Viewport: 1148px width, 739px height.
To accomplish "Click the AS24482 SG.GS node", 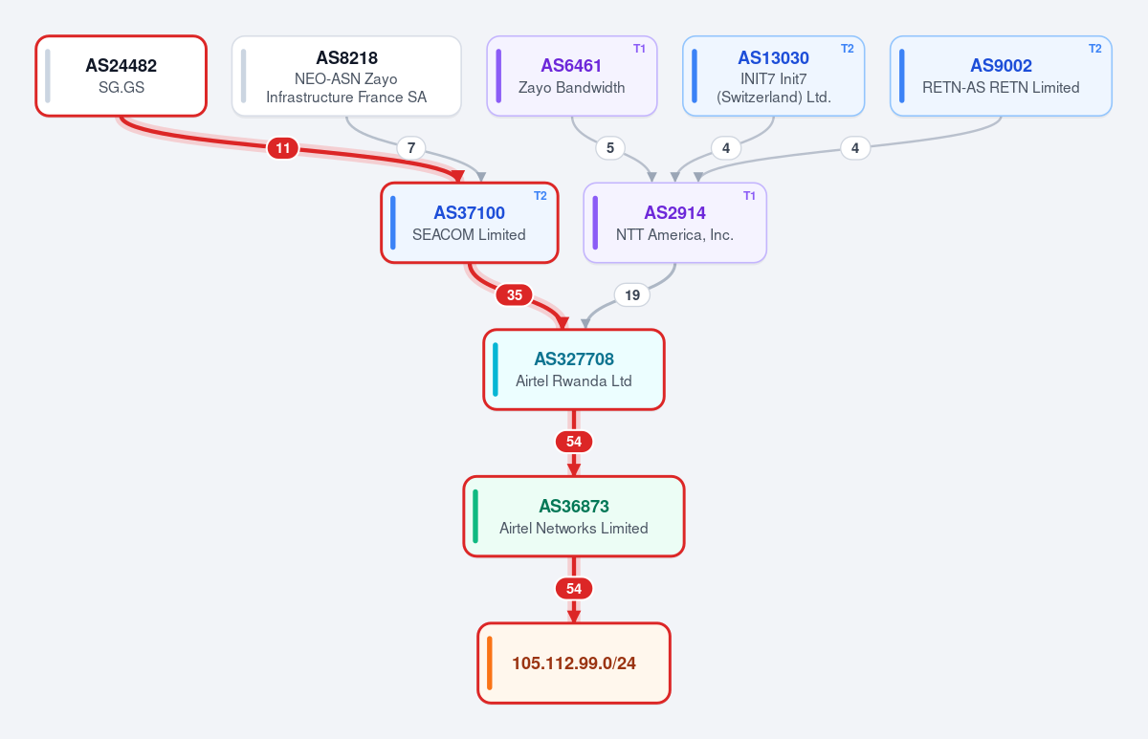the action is tap(121, 76).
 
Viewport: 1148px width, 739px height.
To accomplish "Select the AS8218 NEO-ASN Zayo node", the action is tap(346, 76).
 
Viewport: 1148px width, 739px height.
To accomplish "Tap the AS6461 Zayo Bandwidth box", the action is tap(572, 76).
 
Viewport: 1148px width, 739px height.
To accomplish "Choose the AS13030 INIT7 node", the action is tap(773, 76).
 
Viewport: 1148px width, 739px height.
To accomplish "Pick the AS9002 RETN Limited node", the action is tap(1001, 76).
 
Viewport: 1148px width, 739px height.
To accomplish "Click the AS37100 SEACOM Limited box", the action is tap(470, 223).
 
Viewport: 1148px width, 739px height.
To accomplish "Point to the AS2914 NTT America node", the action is tap(675, 223).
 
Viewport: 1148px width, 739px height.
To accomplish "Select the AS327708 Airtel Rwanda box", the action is tap(574, 369).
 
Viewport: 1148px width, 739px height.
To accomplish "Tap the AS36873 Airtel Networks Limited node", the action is tap(574, 516).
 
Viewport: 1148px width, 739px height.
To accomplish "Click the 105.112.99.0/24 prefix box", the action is tap(574, 663).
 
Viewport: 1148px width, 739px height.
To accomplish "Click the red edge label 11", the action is tap(283, 148).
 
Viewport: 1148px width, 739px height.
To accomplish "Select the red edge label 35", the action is tap(515, 295).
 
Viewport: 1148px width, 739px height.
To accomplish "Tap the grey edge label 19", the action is tap(632, 295).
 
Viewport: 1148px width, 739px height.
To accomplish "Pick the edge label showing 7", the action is tap(411, 148).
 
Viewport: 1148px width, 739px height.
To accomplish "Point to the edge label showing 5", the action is tap(610, 148).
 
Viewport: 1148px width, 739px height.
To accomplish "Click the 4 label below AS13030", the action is tap(726, 148).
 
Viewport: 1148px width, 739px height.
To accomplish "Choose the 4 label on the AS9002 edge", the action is tap(855, 148).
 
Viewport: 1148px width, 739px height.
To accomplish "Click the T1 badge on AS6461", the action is tap(639, 49).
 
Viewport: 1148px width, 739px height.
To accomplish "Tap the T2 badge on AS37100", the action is tap(541, 196).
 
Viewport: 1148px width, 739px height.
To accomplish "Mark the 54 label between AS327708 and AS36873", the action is tap(574, 442).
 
